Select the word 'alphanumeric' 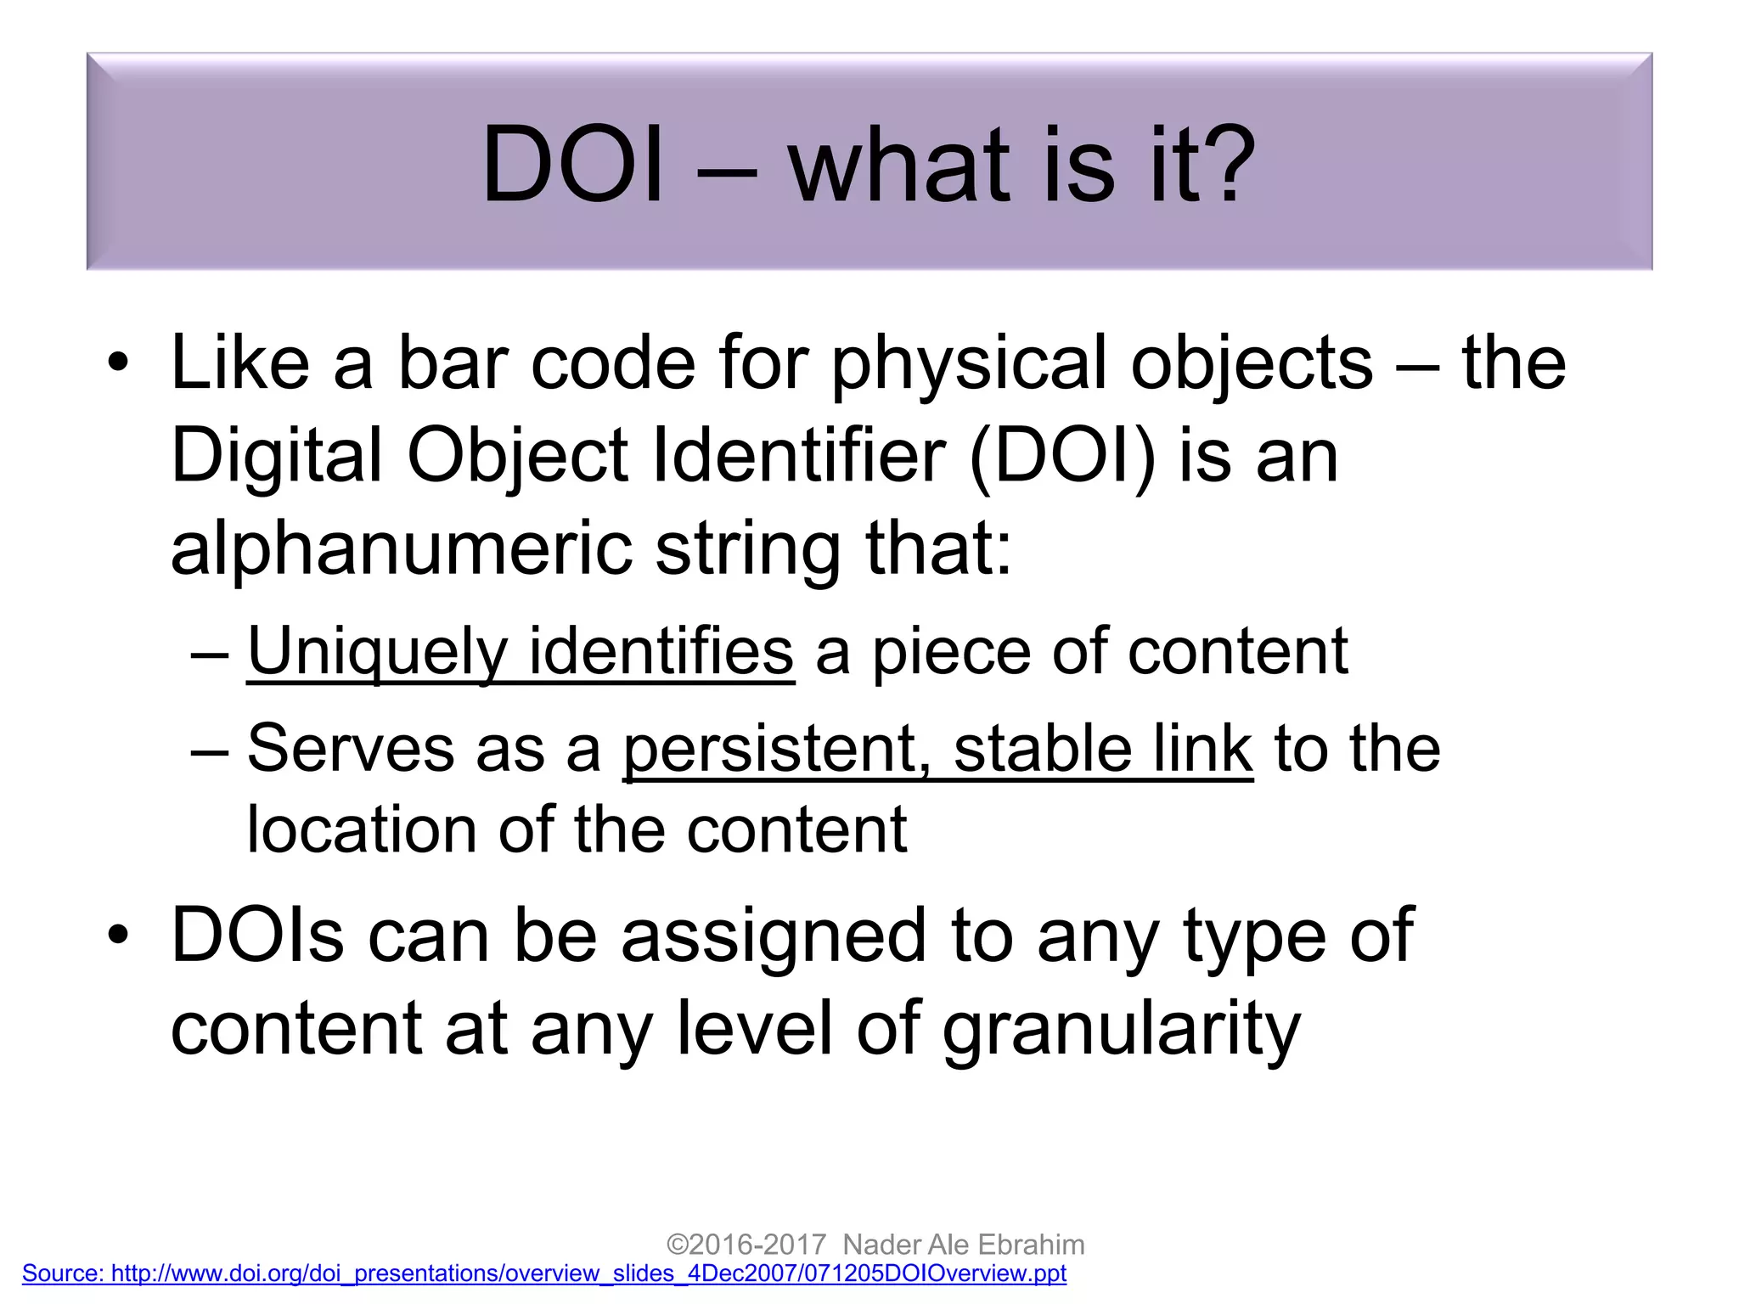(x=401, y=549)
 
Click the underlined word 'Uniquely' (x=377, y=652)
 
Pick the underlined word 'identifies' (x=661, y=652)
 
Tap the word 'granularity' (x=1121, y=1030)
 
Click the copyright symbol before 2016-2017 (x=677, y=1245)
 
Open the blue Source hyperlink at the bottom (x=543, y=1273)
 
